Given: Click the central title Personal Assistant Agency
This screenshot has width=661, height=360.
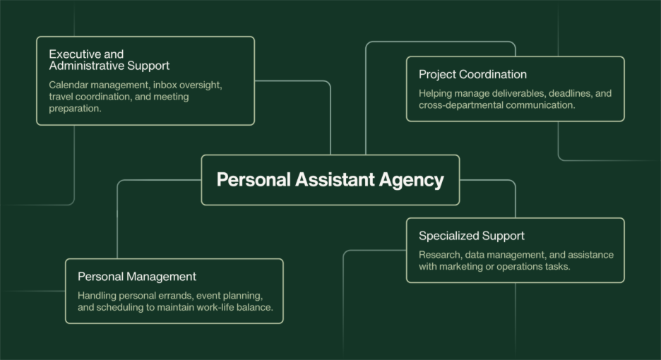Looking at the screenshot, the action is [x=330, y=179].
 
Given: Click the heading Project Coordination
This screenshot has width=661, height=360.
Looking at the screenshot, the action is [x=472, y=74].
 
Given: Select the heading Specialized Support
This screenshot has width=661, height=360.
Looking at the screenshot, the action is [x=471, y=236].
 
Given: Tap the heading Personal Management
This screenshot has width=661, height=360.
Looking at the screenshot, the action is [x=137, y=277].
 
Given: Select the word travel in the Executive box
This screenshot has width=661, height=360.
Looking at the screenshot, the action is [x=61, y=97].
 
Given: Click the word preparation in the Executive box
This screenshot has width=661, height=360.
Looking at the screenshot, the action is [x=75, y=109].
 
